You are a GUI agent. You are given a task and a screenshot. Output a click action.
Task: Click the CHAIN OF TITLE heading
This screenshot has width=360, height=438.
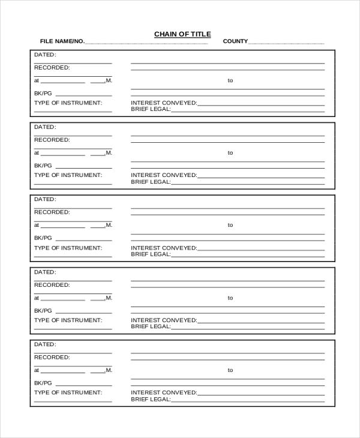pos(182,34)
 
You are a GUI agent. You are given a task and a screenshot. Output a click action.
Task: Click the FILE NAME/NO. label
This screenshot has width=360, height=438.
pos(62,41)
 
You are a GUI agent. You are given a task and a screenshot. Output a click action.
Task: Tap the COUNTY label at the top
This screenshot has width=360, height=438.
pos(235,41)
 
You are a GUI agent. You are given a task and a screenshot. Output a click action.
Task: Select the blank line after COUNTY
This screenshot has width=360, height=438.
pos(286,43)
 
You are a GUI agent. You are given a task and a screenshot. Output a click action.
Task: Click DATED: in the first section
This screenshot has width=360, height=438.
pos(45,55)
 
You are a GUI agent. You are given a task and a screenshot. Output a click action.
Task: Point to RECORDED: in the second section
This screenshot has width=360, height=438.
pos(52,140)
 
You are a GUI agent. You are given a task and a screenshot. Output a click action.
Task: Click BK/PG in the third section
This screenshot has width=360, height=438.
pos(43,238)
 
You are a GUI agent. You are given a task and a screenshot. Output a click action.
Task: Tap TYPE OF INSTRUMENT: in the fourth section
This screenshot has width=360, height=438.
pos(68,320)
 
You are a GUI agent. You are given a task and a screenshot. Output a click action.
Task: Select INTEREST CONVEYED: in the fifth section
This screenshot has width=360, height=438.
pos(164,392)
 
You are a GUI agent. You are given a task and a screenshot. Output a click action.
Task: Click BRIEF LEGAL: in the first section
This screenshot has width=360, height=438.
pos(151,109)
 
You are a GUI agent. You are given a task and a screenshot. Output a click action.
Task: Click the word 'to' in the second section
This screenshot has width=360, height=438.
pos(230,153)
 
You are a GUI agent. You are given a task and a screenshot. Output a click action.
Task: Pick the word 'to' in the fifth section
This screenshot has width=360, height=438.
pos(230,370)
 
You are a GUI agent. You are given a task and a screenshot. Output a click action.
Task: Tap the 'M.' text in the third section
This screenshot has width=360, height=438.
pos(109,225)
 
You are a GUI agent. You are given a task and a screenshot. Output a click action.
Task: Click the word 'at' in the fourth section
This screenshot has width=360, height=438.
pos(37,298)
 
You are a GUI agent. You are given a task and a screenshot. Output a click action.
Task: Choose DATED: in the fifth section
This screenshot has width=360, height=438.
pos(45,344)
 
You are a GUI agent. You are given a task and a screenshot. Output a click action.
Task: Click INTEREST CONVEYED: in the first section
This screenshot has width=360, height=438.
pos(164,103)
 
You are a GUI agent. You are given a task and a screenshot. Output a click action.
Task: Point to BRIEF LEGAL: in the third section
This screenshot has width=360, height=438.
pos(151,254)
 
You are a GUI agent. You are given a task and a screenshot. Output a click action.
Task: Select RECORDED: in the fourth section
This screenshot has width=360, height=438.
pos(52,285)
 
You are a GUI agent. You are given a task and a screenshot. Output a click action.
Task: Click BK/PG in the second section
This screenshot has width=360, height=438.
pos(43,165)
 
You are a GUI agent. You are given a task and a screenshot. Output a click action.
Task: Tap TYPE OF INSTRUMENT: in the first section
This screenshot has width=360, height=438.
pos(68,103)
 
